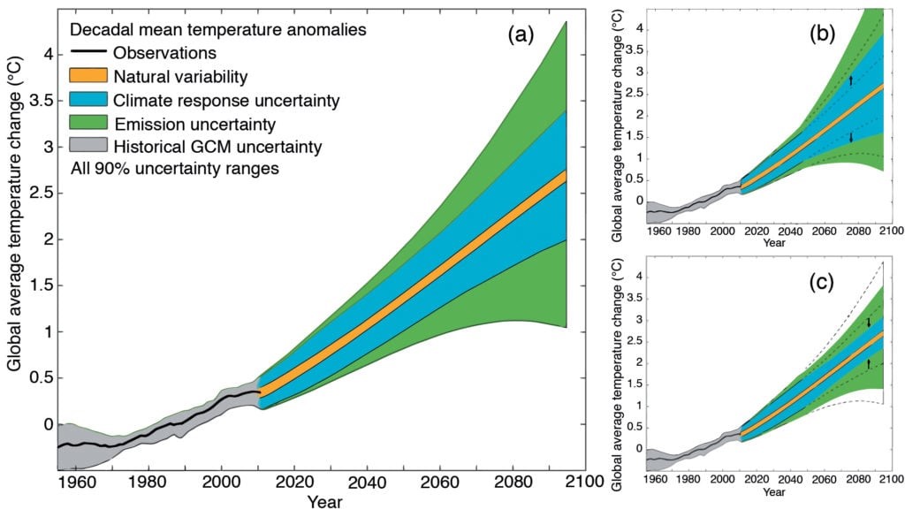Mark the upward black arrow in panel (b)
850,80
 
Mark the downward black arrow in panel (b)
850,137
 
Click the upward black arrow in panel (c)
869,363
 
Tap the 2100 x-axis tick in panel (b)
891,231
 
